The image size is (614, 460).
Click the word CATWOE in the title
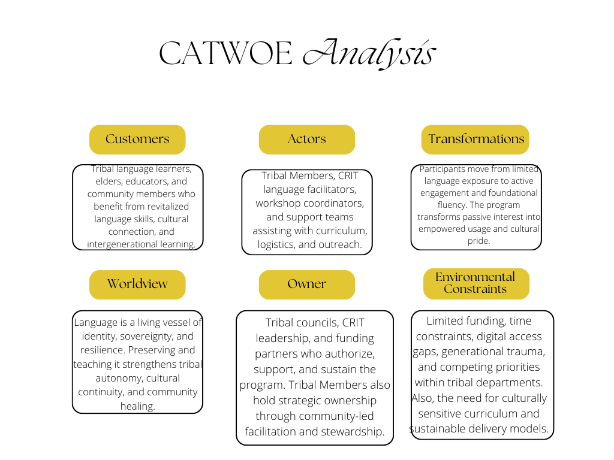point(226,54)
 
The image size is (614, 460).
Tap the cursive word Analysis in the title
point(368,54)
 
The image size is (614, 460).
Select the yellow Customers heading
point(137,139)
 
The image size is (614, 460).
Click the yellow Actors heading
point(306,139)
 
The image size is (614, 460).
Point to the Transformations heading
point(476,139)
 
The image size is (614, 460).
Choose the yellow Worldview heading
point(137,284)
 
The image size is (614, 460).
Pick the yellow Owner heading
point(306,284)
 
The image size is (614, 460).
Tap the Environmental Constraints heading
point(475,283)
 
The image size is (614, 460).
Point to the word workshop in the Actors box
point(278,203)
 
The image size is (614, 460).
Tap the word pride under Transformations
point(478,241)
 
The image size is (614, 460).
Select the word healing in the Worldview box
point(137,406)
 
